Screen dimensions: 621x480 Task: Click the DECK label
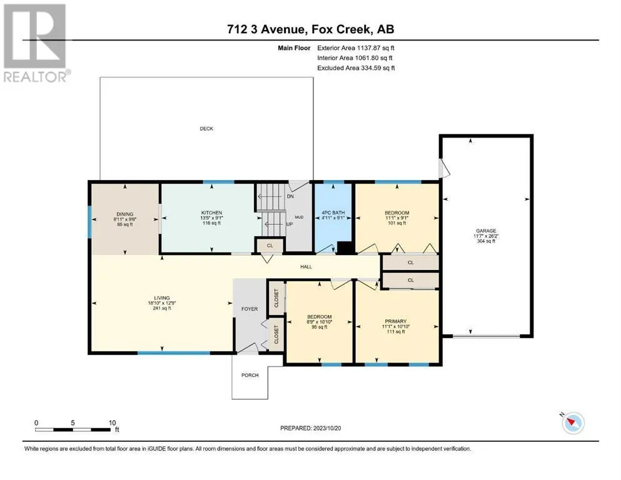click(206, 129)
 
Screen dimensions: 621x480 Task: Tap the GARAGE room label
click(486, 231)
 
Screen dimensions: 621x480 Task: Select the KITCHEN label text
click(211, 213)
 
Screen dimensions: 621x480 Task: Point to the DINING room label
click(124, 214)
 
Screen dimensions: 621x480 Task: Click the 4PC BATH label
click(333, 212)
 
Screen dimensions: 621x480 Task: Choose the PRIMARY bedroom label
click(396, 321)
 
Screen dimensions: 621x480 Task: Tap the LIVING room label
click(161, 298)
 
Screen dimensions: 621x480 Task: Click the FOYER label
click(250, 309)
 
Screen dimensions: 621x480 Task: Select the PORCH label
click(250, 375)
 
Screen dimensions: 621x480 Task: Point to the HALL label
click(306, 267)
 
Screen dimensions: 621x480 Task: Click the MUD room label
click(299, 217)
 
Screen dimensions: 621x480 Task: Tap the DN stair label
click(290, 196)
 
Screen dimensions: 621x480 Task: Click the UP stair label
click(290, 224)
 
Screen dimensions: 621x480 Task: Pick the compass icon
click(573, 423)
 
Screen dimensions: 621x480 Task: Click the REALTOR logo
click(36, 43)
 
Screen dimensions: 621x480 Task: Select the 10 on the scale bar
click(112, 422)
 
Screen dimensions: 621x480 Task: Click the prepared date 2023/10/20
click(326, 428)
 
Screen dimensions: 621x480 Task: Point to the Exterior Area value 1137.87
click(370, 48)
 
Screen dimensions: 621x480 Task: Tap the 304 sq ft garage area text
click(486, 241)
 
